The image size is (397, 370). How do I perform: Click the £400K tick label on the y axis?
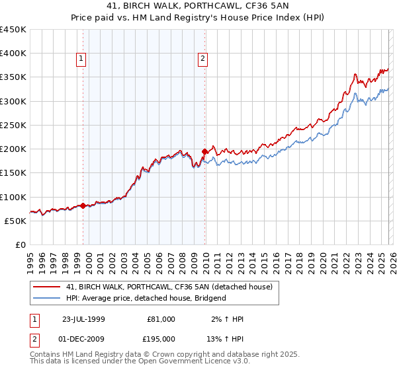coord(13,54)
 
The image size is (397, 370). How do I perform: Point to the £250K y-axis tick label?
coord(13,125)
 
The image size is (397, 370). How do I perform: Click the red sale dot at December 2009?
coord(204,151)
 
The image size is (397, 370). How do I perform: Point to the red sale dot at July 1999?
coord(83,206)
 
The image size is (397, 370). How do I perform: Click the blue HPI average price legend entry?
coord(146,298)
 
